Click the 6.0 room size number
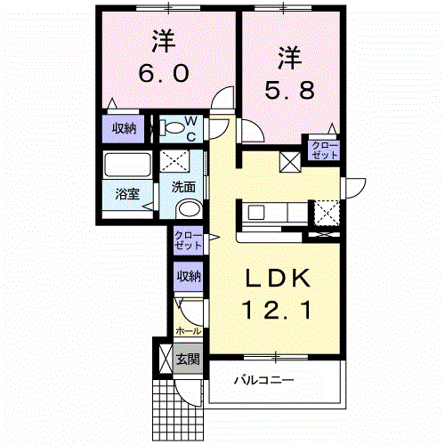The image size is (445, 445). pos(164,73)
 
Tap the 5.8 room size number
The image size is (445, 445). pos(289,90)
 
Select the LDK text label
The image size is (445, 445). pos(277,278)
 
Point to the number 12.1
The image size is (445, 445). pos(277,310)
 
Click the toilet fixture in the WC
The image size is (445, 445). pos(173,128)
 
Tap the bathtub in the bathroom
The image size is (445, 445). pos(127,165)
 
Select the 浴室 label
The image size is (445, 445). pos(127,194)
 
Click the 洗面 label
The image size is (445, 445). pos(183,187)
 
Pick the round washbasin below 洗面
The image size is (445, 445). pos(190,209)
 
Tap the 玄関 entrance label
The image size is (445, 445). pos(188,359)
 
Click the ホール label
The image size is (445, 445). pos(189,330)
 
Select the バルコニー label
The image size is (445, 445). pos(264,379)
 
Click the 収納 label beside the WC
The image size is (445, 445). pos(124,128)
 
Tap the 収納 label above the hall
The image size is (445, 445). pos(189,276)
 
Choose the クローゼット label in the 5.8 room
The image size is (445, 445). pos(325,150)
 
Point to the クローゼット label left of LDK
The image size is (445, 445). pos(188,240)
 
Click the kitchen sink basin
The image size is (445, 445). pos(256,213)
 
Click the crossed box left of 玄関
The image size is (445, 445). pos(166,359)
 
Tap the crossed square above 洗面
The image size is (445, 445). pos(174,160)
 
